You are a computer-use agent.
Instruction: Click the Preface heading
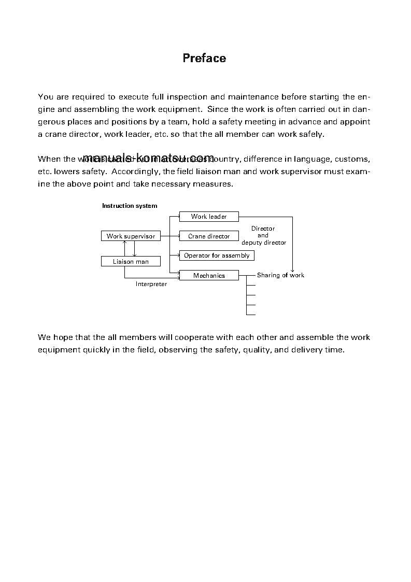pos(204,58)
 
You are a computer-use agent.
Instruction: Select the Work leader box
pos(209,217)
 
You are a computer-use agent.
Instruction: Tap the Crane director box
pos(209,236)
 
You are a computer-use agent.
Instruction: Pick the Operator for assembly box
pos(217,255)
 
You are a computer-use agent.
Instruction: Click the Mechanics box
pos(209,276)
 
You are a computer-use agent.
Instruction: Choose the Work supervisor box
pos(131,236)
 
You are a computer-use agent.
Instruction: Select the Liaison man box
pos(131,262)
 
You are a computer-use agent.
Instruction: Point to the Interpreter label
pos(151,285)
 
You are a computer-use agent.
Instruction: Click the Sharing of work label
pos(280,275)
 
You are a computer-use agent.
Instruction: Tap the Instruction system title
pos(130,206)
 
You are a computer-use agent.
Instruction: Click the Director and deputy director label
pos(263,235)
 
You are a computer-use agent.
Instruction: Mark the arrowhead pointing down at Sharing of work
pos(292,270)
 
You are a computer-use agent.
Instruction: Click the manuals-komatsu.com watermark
pos(148,157)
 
